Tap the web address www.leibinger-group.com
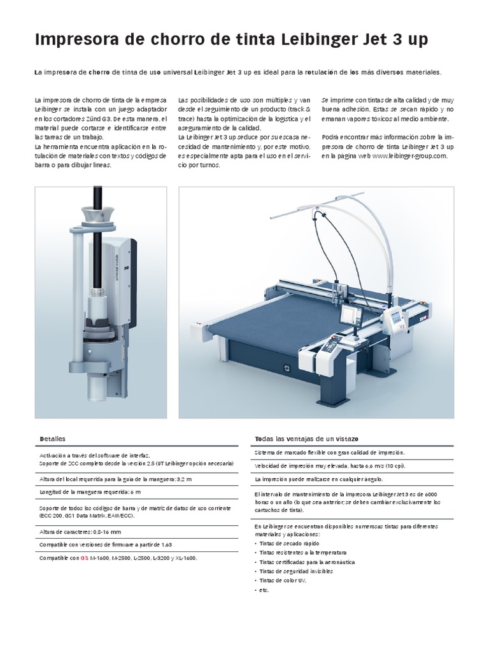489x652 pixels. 410,155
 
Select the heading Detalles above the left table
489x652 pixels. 52,439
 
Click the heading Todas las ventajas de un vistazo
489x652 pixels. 307,439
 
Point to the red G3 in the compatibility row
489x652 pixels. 84,558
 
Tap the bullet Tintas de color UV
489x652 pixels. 284,581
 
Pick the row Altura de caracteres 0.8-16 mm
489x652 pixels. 80,531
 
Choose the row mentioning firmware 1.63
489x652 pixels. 106,544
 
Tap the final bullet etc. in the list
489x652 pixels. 264,590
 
